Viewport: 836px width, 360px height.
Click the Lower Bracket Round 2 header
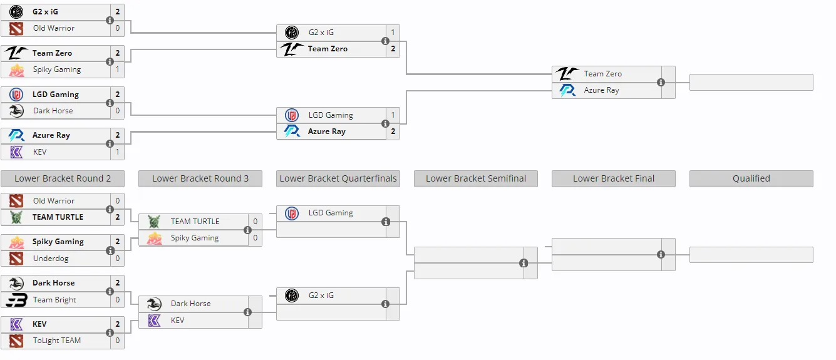(x=63, y=178)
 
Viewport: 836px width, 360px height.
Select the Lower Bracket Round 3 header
(x=200, y=178)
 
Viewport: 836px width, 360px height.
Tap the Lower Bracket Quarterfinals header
(x=338, y=178)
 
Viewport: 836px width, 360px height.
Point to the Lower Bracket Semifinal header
(x=476, y=178)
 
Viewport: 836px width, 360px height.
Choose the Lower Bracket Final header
(x=614, y=178)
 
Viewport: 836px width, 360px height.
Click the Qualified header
(x=751, y=178)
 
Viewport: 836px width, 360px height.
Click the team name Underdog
(x=51, y=259)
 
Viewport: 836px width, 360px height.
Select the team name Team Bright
(x=54, y=300)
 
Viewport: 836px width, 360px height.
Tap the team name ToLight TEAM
(x=57, y=341)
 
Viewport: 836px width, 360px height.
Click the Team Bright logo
(x=16, y=300)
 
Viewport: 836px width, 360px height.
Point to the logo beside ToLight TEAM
(x=16, y=341)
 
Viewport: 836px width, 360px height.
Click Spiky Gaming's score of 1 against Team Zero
(x=118, y=69)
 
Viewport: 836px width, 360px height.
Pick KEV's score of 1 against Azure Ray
(x=118, y=152)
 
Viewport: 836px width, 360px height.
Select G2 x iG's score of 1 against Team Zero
(x=393, y=33)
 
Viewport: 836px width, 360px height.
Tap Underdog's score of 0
(x=118, y=259)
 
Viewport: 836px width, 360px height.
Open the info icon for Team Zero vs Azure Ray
(x=661, y=82)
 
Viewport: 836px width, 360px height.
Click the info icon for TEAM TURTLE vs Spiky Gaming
(x=247, y=230)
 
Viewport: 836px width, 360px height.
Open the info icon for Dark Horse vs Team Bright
(x=110, y=291)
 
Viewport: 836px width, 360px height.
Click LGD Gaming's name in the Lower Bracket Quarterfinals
(x=331, y=213)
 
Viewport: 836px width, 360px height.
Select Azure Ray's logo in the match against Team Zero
(x=567, y=90)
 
